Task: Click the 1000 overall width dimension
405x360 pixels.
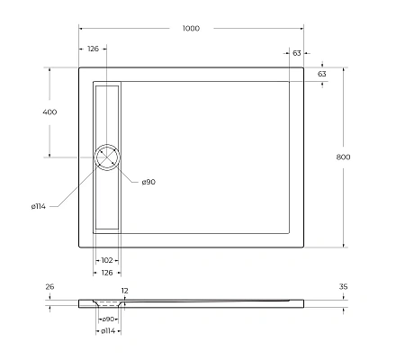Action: (x=191, y=28)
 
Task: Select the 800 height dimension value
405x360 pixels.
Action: (x=342, y=157)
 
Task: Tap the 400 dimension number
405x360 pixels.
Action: (x=49, y=112)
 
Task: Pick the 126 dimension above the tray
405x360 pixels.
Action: (x=93, y=49)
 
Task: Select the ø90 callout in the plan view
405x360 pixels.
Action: (x=148, y=182)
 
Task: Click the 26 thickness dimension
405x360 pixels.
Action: (x=49, y=287)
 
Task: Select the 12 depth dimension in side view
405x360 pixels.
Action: (x=124, y=291)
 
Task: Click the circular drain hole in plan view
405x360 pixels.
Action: (x=107, y=157)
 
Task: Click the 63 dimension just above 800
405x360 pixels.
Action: (x=321, y=73)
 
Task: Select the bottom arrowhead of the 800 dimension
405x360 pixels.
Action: (x=342, y=247)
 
